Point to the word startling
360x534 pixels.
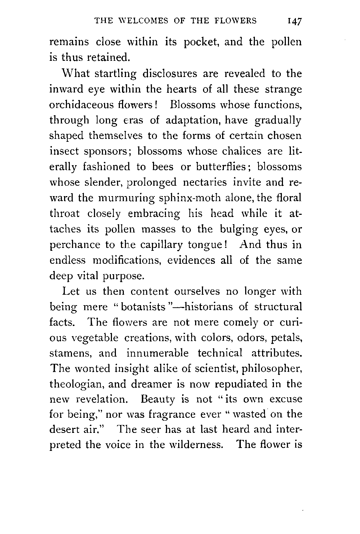116,74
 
